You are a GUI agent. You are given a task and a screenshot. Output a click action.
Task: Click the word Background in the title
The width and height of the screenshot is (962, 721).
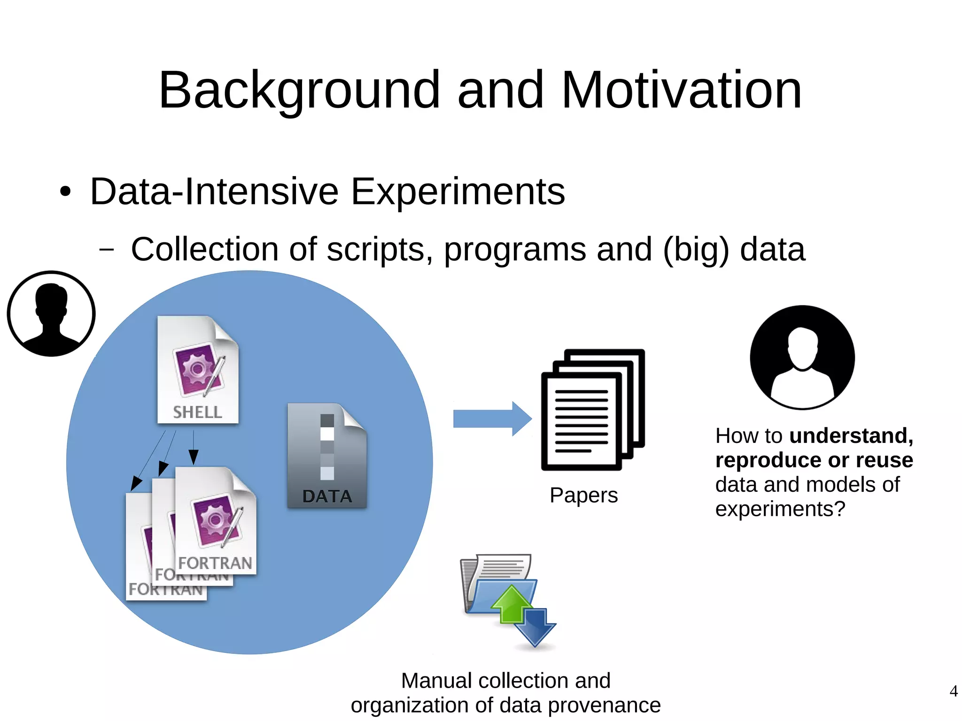(299, 90)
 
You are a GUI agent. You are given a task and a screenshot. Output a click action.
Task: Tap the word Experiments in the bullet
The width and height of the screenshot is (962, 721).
(458, 192)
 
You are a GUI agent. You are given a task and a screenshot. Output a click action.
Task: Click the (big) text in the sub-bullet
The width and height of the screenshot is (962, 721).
(696, 249)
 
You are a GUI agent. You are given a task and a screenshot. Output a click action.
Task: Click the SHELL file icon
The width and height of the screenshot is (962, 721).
(198, 370)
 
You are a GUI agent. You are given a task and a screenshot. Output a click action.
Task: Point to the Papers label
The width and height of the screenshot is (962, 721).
(583, 496)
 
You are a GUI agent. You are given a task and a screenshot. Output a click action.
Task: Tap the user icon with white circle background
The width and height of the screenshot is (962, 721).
(51, 314)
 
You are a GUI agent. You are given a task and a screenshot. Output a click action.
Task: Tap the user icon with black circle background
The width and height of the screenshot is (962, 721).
(802, 357)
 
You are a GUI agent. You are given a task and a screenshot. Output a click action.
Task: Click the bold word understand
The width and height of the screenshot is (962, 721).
(851, 436)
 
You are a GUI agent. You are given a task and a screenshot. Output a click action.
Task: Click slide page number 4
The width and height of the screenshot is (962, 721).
(953, 691)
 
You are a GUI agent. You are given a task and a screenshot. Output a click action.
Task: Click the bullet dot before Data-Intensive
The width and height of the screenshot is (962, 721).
(65, 192)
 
